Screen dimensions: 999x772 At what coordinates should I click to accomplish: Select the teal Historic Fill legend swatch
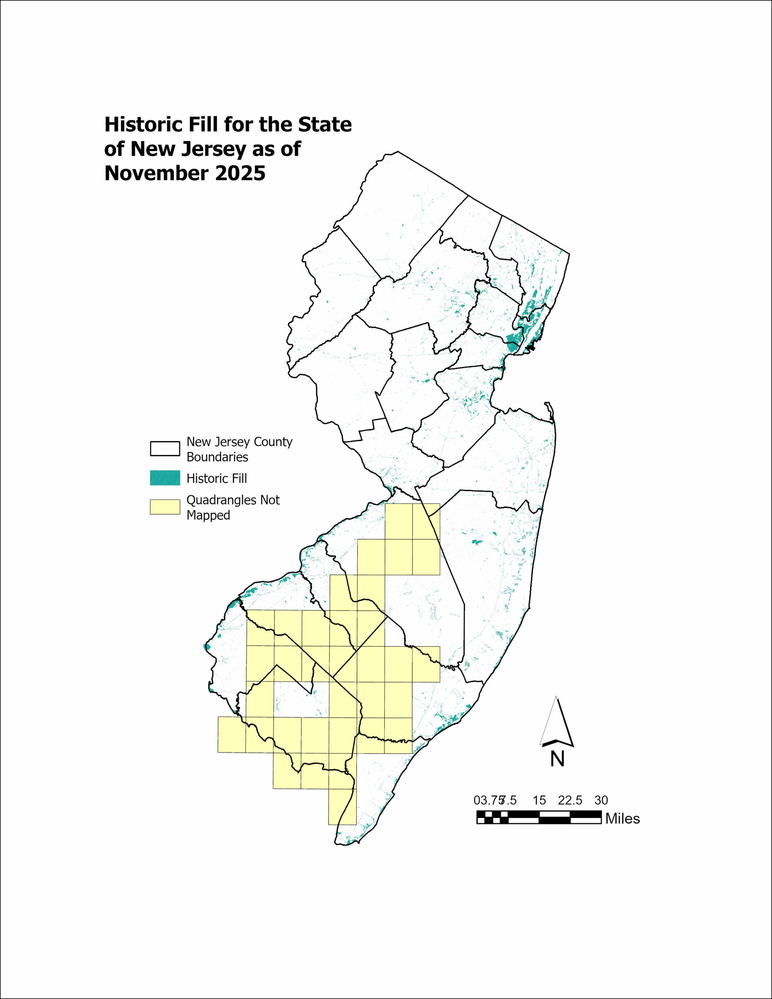(165, 478)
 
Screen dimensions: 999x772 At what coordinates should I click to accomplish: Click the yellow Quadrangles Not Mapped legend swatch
(165, 507)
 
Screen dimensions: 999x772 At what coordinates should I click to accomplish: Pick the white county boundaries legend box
(165, 449)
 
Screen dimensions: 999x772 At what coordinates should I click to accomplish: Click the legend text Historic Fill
(217, 478)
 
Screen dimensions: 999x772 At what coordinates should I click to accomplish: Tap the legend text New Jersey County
(239, 442)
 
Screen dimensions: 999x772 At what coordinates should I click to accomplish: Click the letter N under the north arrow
(557, 759)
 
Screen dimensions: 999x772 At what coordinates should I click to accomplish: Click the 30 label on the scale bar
(601, 800)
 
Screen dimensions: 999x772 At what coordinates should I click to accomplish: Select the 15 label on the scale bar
(539, 800)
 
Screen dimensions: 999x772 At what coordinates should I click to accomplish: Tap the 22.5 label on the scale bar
(570, 800)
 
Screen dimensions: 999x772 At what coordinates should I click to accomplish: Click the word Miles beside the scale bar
(623, 819)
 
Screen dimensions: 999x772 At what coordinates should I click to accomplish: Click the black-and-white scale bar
(539, 817)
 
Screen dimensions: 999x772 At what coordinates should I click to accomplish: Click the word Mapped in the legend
(208, 515)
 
